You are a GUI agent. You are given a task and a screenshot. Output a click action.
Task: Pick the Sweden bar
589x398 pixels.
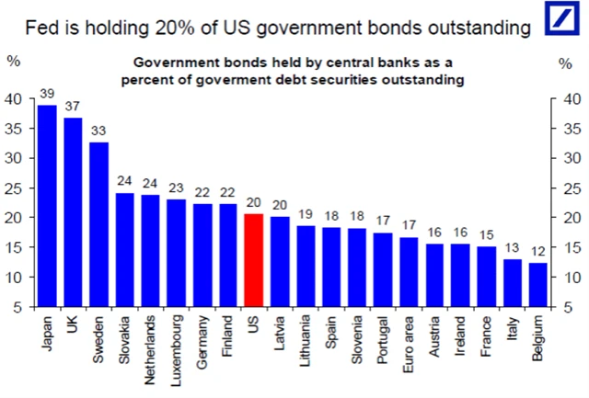pos(98,224)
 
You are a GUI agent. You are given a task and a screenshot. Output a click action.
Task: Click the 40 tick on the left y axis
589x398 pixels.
pos(16,99)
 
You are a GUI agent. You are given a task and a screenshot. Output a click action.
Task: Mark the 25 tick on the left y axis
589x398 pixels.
pos(16,188)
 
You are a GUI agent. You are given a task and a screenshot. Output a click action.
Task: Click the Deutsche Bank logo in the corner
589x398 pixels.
pos(560,24)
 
